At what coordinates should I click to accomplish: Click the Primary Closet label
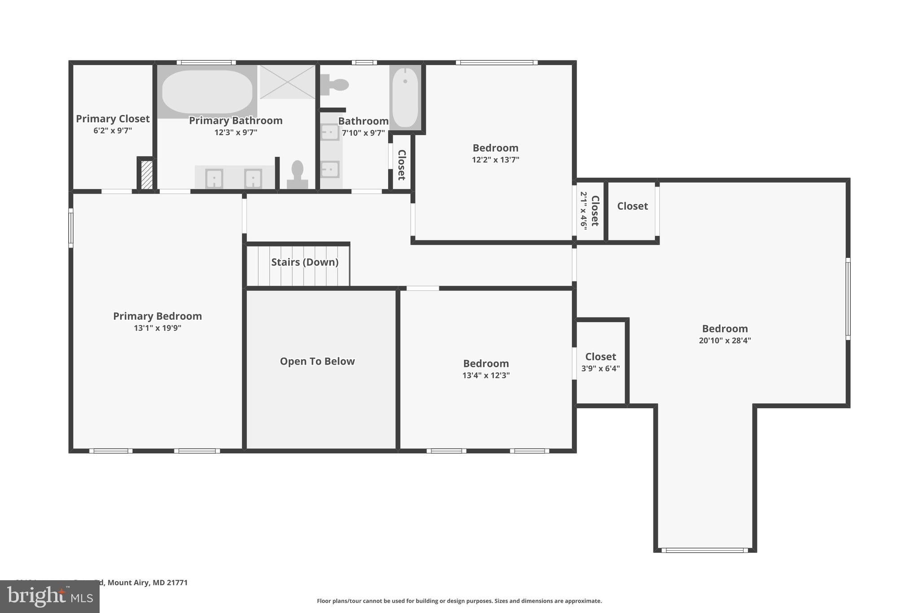point(113,119)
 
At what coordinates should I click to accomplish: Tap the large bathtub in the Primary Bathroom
point(207,92)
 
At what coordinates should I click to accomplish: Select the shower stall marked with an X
point(288,82)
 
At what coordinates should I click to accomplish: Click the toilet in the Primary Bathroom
point(297,175)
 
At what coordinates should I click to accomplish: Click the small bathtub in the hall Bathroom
point(405,97)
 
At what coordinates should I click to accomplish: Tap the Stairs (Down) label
point(305,262)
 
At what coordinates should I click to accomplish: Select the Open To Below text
point(317,362)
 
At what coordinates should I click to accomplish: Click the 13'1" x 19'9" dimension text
point(158,328)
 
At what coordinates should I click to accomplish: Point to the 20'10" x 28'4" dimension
point(725,340)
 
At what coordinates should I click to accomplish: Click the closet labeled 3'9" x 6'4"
point(600,362)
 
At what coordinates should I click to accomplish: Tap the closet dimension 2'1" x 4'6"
point(583,211)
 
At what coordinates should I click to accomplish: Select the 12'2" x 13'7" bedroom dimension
point(495,159)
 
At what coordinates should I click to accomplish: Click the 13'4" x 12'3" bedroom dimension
point(486,375)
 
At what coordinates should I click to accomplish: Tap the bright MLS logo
point(50,596)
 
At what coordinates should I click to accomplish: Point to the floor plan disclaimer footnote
point(459,601)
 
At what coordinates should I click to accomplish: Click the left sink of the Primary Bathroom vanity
point(214,178)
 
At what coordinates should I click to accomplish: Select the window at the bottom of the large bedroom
point(705,550)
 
